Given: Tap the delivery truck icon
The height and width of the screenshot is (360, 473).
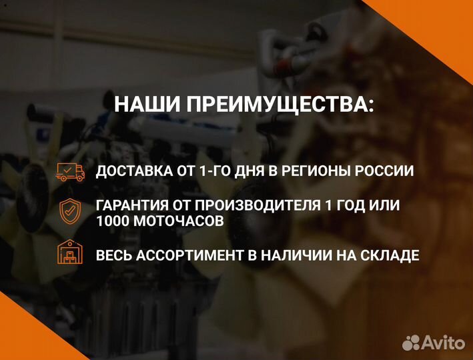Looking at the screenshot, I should pyautogui.click(x=70, y=171).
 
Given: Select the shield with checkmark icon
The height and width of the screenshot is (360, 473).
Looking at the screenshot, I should pyautogui.click(x=70, y=211).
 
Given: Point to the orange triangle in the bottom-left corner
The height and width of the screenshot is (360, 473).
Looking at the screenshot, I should pyautogui.click(x=20, y=333).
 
